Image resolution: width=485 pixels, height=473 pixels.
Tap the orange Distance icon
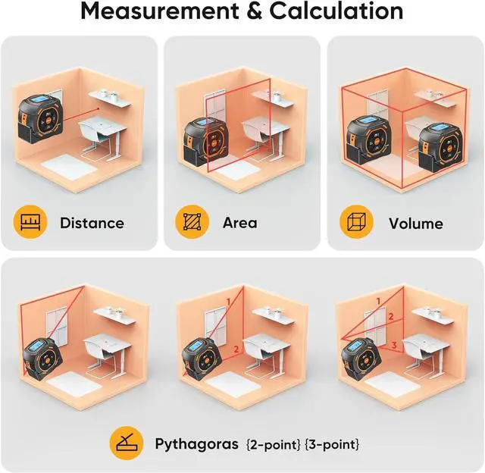click(x=28, y=222)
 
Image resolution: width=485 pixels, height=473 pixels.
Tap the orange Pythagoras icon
click(x=125, y=443)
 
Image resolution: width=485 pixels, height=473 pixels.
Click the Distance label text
click(x=92, y=223)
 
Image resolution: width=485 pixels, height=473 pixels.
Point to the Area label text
click(x=239, y=223)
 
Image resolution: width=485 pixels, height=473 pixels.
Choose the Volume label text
click(x=415, y=223)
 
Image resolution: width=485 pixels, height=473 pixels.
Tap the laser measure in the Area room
click(x=204, y=141)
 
